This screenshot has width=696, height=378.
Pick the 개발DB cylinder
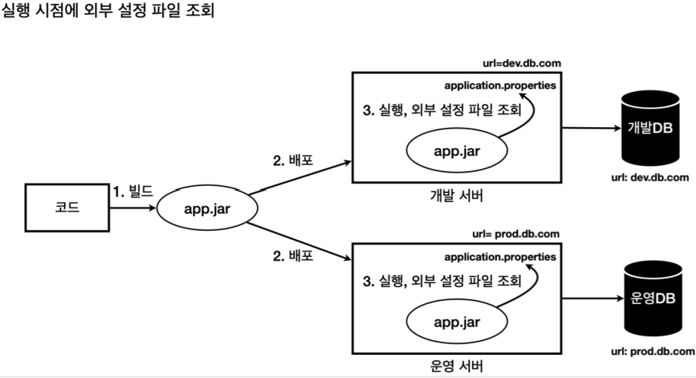click(653, 127)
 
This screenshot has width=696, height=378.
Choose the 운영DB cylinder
click(653, 299)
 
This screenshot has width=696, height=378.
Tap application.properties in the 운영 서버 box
click(499, 255)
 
